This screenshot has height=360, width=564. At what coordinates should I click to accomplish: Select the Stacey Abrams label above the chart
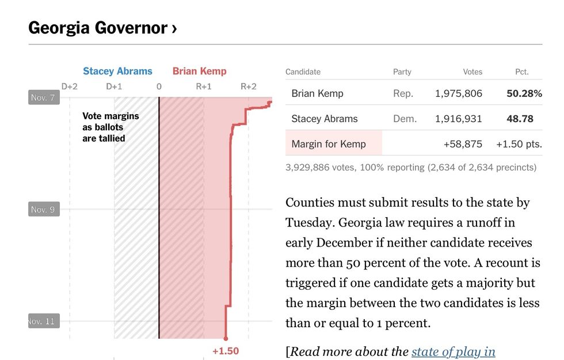[117, 71]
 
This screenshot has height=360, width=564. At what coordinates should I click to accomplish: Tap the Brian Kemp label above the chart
[200, 71]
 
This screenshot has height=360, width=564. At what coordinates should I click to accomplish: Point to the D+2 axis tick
[70, 86]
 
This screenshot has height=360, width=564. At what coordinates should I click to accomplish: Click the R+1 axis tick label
[204, 86]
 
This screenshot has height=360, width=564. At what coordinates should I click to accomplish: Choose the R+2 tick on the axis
[249, 86]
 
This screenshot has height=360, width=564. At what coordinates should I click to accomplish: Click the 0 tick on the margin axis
[159, 86]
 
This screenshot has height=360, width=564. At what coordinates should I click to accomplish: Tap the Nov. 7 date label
[43, 97]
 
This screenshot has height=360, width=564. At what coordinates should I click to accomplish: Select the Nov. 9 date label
[43, 209]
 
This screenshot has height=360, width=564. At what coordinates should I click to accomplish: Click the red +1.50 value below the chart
[226, 351]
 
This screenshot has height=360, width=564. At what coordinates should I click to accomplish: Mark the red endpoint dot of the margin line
[226, 339]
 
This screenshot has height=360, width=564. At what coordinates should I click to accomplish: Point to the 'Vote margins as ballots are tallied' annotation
[110, 127]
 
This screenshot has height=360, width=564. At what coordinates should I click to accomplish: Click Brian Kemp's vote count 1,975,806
[459, 93]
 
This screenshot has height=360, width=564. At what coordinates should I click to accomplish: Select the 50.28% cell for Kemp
[524, 93]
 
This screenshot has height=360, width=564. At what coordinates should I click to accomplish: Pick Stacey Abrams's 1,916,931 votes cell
[459, 119]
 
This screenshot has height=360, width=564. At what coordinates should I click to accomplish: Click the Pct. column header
[521, 72]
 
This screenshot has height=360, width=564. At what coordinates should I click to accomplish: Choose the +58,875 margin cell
[463, 144]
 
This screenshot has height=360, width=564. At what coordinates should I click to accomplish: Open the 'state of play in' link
[453, 351]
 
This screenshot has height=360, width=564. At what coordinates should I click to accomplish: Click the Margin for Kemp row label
[329, 144]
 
